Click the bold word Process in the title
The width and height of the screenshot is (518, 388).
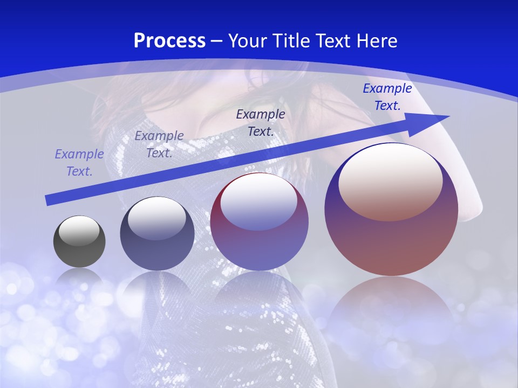tap(169, 41)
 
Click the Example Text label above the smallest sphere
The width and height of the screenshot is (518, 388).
tap(79, 163)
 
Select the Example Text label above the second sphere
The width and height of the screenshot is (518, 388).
tap(159, 144)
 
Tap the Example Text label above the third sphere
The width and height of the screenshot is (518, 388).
tap(261, 122)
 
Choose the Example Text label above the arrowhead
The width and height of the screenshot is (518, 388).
tap(387, 97)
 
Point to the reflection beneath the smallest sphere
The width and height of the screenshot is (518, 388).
tap(79, 278)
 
